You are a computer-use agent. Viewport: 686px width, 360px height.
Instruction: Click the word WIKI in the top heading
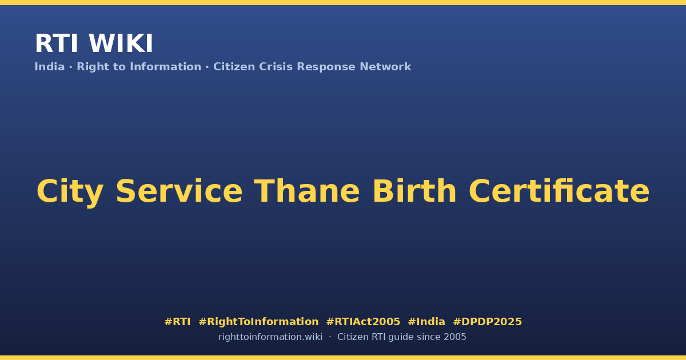point(121,43)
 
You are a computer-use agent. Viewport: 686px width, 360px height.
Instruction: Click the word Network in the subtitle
point(385,67)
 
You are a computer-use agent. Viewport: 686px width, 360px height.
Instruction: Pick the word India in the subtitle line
point(50,67)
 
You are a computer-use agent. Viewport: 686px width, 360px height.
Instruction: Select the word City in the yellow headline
point(70,191)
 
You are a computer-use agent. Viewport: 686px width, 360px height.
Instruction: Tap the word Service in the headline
point(179,191)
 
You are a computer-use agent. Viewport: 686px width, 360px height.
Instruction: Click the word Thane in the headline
point(307,191)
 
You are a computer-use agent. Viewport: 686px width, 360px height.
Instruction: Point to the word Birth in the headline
point(414,191)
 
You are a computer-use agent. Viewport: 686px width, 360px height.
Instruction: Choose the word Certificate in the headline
point(559,191)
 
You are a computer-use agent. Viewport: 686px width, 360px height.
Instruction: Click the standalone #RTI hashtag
point(177,322)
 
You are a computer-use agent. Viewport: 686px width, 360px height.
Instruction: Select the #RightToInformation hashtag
point(258,322)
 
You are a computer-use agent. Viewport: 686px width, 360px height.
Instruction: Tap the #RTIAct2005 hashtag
point(363,322)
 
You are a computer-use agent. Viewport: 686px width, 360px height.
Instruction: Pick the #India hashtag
point(426,322)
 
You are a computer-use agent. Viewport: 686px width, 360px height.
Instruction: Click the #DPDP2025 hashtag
point(487,322)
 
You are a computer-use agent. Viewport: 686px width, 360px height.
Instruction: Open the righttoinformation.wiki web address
point(270,337)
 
